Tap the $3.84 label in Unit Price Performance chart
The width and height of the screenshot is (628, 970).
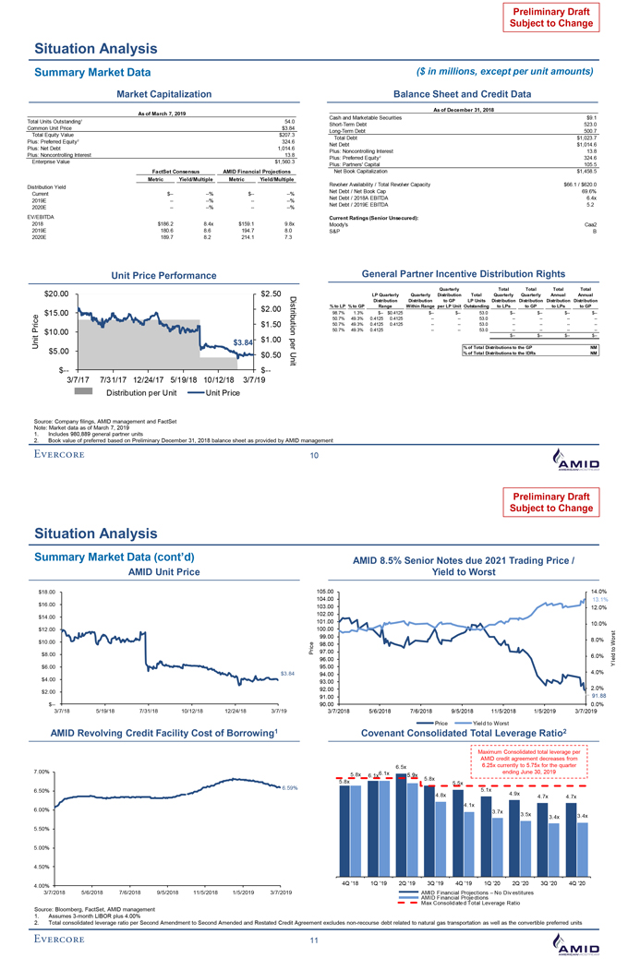point(243,342)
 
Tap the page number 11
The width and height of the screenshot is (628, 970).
point(313,940)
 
